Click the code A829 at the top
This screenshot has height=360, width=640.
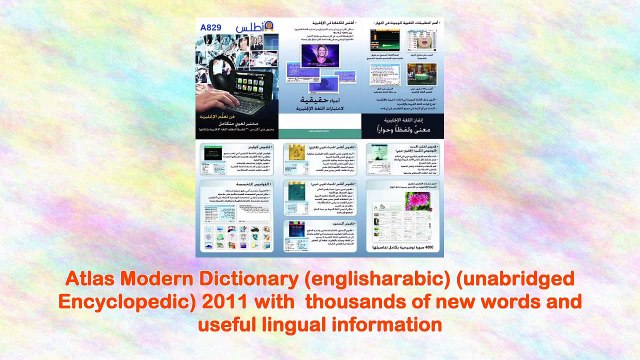(x=212, y=27)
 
